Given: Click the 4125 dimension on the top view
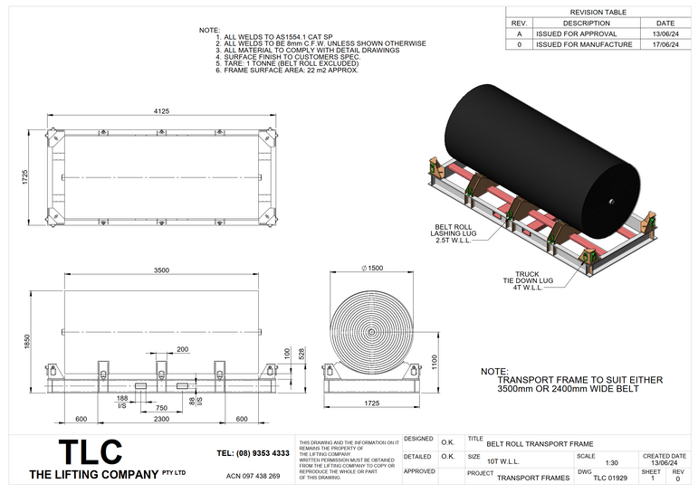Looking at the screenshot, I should pyautogui.click(x=160, y=111).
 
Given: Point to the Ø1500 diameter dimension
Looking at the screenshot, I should pyautogui.click(x=372, y=269).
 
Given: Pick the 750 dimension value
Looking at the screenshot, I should pyautogui.click(x=160, y=408).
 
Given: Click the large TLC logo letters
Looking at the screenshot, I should pyautogui.click(x=90, y=452).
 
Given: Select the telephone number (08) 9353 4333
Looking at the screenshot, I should pyautogui.click(x=253, y=453).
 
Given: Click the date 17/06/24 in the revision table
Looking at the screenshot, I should pyautogui.click(x=665, y=44).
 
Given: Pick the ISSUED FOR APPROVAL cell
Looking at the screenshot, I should pyautogui.click(x=576, y=33).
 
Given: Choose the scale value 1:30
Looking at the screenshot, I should pyautogui.click(x=611, y=462).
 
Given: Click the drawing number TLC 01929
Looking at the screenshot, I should pyautogui.click(x=610, y=478).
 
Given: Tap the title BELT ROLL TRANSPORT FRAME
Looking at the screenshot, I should pyautogui.click(x=540, y=444).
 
